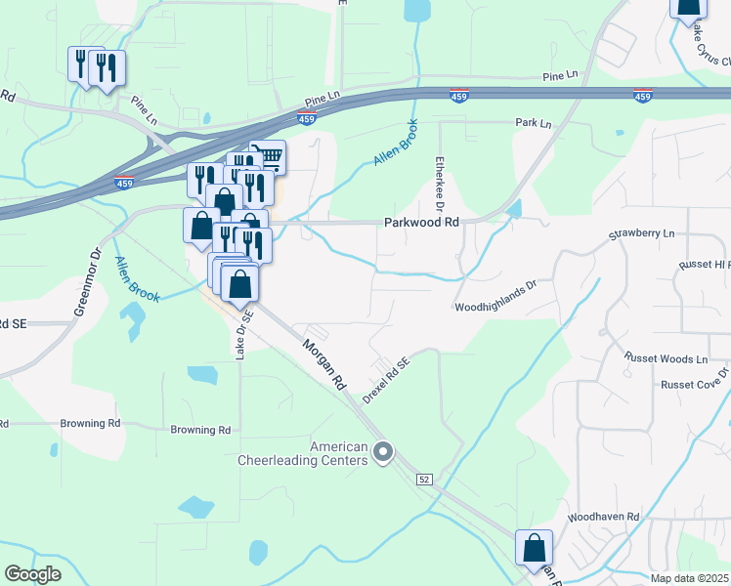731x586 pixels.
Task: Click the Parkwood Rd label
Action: coord(421,223)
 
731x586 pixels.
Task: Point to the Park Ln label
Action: coord(534,124)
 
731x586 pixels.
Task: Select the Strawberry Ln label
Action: coord(642,234)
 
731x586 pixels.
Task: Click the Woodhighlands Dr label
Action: coord(496,296)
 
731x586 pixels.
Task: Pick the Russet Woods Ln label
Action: coord(666,359)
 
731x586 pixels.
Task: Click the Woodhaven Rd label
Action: coord(603,517)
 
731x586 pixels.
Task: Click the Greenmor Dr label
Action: coord(88,281)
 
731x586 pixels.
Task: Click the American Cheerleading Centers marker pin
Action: coord(383,452)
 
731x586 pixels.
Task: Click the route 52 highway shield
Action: coord(423,480)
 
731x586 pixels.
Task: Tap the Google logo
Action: coord(32,574)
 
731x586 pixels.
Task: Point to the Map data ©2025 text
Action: coord(690,578)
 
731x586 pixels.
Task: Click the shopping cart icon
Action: coord(268,155)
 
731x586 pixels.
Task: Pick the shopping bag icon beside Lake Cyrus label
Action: coord(688,8)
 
